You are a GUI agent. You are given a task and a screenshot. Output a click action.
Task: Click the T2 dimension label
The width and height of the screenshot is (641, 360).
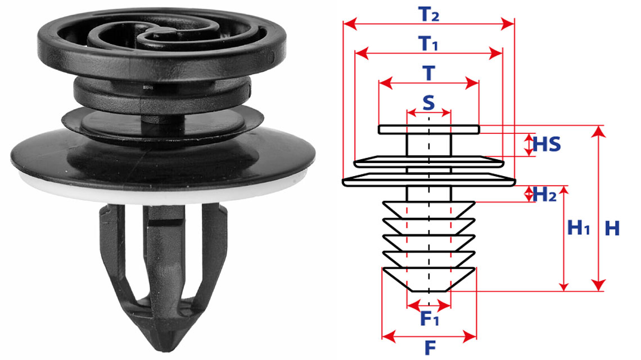click(428, 15)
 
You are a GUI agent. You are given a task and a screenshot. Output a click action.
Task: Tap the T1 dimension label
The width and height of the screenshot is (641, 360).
click(428, 43)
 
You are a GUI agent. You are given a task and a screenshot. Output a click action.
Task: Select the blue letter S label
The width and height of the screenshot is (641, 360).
click(428, 103)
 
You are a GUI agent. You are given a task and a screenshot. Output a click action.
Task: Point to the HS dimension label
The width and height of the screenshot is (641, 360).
click(547, 145)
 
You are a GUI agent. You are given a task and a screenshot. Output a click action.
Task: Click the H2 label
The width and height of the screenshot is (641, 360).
click(544, 194)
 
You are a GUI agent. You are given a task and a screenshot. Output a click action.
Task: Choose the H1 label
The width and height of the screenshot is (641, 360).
click(579, 227)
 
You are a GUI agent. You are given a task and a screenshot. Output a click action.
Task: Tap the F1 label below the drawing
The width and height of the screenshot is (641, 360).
click(430, 318)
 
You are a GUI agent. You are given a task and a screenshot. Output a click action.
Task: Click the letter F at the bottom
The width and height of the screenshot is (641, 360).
click(430, 348)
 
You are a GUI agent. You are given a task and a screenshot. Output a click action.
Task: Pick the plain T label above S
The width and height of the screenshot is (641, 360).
click(428, 73)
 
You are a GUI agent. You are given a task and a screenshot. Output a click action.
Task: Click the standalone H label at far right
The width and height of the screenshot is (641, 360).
click(612, 228)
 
